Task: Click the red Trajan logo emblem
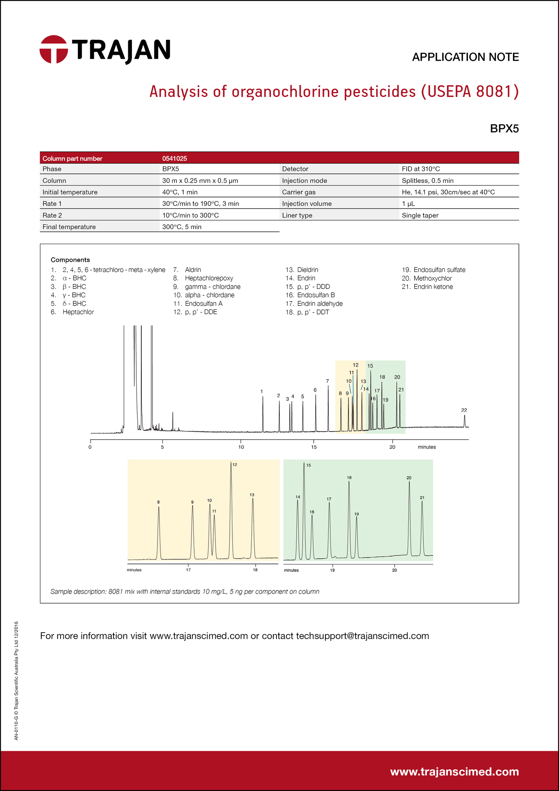[54, 49]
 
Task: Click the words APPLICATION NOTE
[465, 57]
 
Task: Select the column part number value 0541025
[174, 158]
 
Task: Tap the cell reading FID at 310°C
[420, 169]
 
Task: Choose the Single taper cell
[420, 215]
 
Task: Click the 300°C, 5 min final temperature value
[181, 227]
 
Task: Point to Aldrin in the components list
[193, 270]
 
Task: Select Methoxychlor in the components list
[432, 278]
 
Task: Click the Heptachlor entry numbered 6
[78, 312]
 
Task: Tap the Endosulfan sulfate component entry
[439, 270]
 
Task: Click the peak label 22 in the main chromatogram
[464, 410]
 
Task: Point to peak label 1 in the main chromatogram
[262, 391]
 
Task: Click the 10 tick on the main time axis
[241, 447]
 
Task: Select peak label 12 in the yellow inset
[235, 465]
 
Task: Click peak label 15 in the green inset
[308, 465]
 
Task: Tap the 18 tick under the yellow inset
[255, 570]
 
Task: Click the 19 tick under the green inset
[332, 570]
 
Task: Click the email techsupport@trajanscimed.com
[362, 636]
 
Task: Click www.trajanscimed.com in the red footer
[454, 772]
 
